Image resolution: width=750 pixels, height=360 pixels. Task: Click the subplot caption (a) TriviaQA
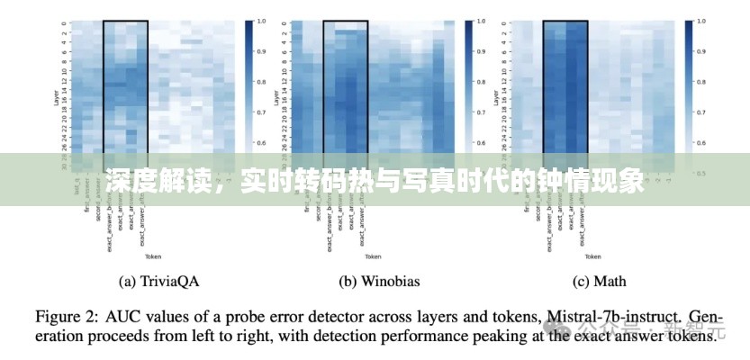(x=158, y=282)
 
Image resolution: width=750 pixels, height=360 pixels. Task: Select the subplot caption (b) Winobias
(x=378, y=282)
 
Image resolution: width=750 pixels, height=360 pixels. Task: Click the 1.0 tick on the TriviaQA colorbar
(x=262, y=20)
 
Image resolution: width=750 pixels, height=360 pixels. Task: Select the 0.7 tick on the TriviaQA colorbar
(x=262, y=112)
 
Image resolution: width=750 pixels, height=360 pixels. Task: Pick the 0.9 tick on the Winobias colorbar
(x=482, y=51)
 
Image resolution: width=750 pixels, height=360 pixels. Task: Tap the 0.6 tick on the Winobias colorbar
(x=482, y=144)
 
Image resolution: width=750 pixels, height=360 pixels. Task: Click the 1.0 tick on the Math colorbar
(x=700, y=20)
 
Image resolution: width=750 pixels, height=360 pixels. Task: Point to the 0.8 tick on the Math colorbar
(x=700, y=82)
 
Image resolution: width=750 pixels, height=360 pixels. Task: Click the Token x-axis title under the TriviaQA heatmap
(x=158, y=256)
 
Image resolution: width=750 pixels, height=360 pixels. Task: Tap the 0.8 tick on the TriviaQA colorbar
(x=262, y=82)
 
